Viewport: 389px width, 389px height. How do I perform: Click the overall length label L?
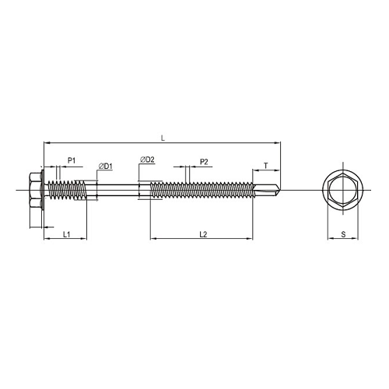click(x=163, y=138)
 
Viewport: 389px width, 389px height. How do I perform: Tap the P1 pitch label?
click(x=72, y=160)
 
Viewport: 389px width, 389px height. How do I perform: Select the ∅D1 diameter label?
click(x=106, y=166)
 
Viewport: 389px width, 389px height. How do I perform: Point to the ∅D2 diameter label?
click(x=147, y=159)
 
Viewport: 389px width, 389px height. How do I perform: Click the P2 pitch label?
click(x=204, y=162)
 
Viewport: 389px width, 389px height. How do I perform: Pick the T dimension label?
click(x=266, y=166)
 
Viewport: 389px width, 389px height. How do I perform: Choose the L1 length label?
click(x=67, y=234)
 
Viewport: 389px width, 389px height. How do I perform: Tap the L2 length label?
click(x=203, y=234)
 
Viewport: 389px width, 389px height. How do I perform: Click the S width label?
click(x=343, y=234)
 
